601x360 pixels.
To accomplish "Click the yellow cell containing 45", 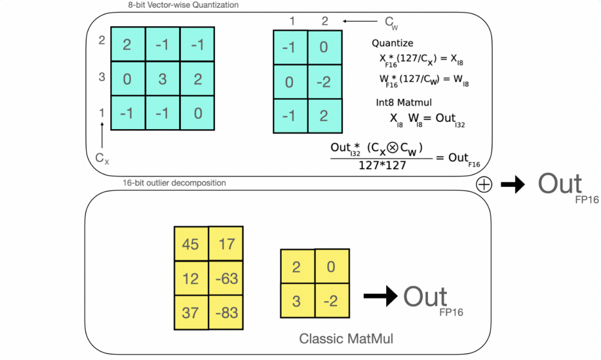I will (x=190, y=244).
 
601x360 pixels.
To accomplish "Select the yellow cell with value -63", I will (x=226, y=278).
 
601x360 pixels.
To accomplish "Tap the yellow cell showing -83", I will (x=226, y=313).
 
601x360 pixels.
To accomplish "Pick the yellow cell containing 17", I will (x=226, y=244).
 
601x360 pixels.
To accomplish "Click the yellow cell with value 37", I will (x=190, y=313).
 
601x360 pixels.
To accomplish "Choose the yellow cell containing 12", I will (x=190, y=278).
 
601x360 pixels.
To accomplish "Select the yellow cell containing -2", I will (x=332, y=301).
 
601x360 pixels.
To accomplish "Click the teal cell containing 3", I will (x=162, y=79).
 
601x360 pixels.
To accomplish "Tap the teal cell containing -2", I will (x=324, y=82).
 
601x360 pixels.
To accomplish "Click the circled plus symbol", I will (x=484, y=185).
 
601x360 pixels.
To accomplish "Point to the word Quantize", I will (x=392, y=43).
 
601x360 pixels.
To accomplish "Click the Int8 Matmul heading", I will (x=402, y=102).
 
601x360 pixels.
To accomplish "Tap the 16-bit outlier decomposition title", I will (x=174, y=183).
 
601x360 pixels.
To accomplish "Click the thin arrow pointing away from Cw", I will (x=361, y=22).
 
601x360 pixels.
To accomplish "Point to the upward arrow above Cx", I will (x=102, y=136).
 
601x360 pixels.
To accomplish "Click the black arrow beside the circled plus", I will (x=513, y=185).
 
